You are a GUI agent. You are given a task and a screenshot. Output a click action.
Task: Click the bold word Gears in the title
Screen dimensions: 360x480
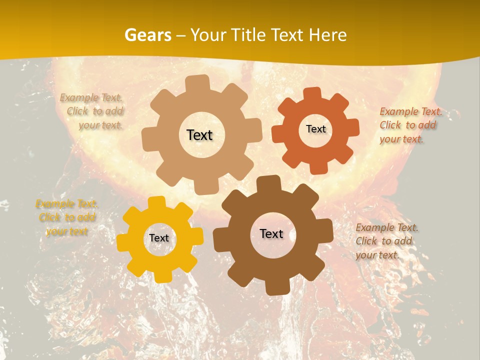[x=147, y=35]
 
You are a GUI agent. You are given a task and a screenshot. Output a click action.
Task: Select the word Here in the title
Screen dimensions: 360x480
[x=327, y=35]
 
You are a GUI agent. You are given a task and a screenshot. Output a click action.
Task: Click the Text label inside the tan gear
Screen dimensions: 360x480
[x=199, y=135]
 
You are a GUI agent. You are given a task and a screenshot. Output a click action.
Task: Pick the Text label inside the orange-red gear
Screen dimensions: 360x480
[x=315, y=129]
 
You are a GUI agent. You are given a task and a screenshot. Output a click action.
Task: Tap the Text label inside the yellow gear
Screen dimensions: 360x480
[x=159, y=238]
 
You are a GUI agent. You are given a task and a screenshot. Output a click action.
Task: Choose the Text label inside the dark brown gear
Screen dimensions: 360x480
[x=271, y=233]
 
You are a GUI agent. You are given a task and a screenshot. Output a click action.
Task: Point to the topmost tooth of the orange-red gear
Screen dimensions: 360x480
[x=312, y=94]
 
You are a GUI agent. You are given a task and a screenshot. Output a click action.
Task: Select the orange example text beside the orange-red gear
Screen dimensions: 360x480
[x=410, y=125]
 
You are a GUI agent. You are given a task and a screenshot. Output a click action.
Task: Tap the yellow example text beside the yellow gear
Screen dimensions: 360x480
[x=67, y=217]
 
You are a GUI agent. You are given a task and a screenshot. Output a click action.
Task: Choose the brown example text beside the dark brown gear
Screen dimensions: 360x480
[x=386, y=241]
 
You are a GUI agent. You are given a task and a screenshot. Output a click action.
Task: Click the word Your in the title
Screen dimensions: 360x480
[x=207, y=35]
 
